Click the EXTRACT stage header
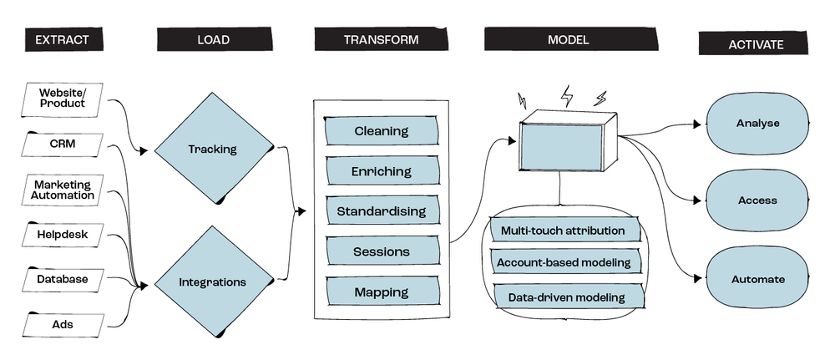tap(57, 40)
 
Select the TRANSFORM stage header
tap(381, 39)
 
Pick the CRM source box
tap(63, 144)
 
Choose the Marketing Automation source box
tap(63, 190)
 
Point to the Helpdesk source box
tap(63, 235)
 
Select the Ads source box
tap(63, 322)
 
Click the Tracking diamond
tap(212, 150)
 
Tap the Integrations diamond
tap(212, 282)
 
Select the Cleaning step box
tap(382, 131)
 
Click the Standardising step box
tap(382, 211)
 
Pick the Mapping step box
tap(382, 292)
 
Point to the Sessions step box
tap(382, 251)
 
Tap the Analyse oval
tap(757, 124)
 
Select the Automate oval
tap(757, 279)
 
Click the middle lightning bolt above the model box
tap(568, 94)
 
